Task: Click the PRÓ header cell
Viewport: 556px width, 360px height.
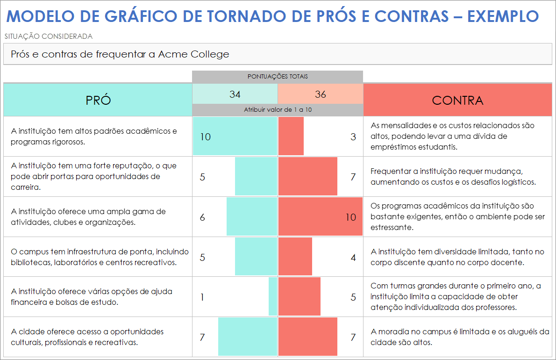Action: [98, 100]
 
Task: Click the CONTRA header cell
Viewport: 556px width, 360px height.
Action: [457, 100]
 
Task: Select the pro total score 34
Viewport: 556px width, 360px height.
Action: [235, 94]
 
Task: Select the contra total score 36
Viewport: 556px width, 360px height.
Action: [321, 94]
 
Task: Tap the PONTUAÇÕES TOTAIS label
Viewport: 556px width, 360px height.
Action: [278, 77]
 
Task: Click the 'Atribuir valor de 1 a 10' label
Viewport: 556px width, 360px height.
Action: [278, 110]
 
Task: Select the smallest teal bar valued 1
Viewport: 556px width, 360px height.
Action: [272, 296]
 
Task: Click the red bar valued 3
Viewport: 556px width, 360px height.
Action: [291, 136]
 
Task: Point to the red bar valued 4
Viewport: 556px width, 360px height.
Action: [295, 257]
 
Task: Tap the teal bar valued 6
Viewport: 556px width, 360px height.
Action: [251, 216]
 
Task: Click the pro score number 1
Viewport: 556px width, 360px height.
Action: [202, 297]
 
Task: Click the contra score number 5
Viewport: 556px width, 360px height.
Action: [353, 297]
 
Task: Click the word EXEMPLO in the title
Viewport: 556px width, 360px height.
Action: [503, 16]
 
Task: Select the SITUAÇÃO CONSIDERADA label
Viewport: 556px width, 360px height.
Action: [48, 36]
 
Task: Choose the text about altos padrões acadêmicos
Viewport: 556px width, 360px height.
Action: [93, 136]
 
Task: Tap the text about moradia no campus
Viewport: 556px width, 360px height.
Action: [460, 337]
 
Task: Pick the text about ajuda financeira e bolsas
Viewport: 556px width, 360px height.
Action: [92, 296]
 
